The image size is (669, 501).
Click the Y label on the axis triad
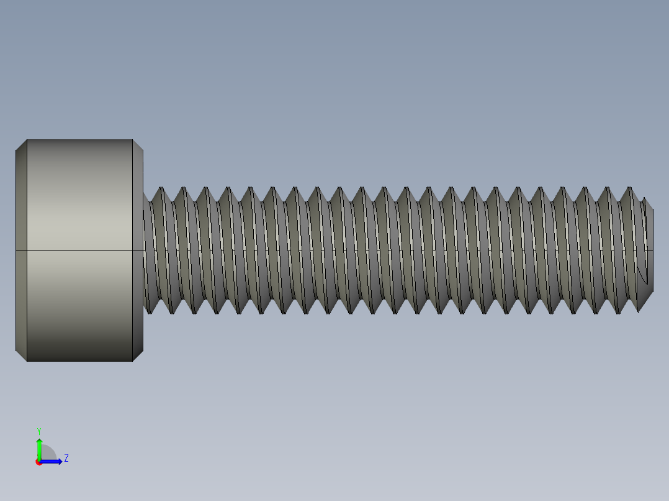(38, 430)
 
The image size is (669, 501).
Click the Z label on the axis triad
(66, 458)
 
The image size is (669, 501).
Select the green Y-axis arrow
(39, 448)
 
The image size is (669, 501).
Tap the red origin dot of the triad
(38, 462)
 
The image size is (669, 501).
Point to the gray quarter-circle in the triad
(47, 454)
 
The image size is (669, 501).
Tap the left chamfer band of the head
(21, 250)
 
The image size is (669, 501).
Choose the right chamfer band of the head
(138, 250)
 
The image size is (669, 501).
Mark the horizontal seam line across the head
(79, 250)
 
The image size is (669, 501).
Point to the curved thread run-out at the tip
(642, 275)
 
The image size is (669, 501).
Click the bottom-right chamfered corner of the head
(138, 355)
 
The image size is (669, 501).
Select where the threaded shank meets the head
(145, 250)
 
